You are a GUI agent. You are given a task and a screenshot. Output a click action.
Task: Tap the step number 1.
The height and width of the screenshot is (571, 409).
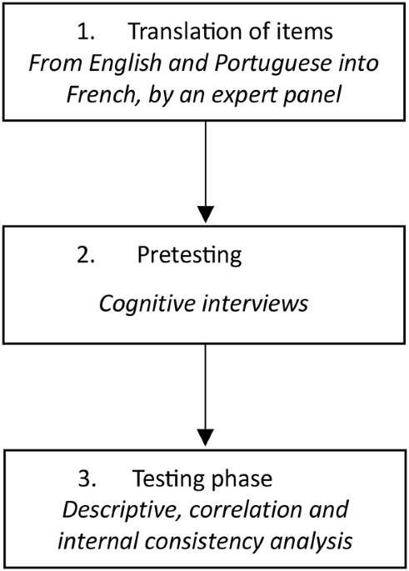(x=86, y=32)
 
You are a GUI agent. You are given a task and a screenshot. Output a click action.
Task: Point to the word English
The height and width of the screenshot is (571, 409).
(x=125, y=63)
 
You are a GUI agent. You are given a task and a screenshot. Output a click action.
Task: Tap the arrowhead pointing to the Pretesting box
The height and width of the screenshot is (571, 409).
(x=206, y=214)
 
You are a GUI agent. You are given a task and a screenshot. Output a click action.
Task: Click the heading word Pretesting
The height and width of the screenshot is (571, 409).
(x=189, y=255)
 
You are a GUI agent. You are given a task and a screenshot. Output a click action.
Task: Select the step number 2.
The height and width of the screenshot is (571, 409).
(x=86, y=255)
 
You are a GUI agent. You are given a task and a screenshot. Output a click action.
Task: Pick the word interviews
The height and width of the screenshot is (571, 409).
(x=255, y=303)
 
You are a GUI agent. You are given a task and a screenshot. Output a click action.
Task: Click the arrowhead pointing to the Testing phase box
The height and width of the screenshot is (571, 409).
(x=206, y=438)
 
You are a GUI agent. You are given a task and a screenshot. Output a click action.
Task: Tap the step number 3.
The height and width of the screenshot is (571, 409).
(x=87, y=478)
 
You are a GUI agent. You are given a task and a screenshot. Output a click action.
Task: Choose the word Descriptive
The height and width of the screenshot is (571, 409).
(x=123, y=509)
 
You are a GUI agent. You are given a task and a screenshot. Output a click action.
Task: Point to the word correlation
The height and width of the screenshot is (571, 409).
(x=247, y=510)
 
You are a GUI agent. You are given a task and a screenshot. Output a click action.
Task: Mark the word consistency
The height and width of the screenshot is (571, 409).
(x=204, y=541)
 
